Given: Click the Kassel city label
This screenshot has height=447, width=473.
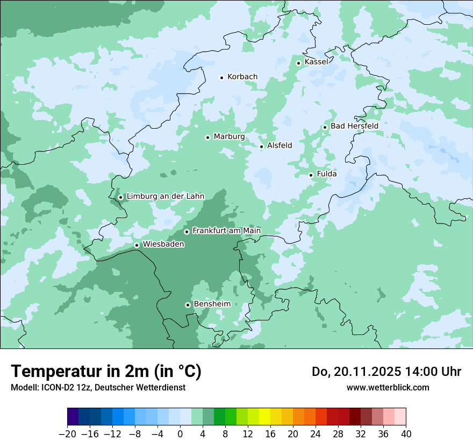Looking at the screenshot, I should tap(316, 62).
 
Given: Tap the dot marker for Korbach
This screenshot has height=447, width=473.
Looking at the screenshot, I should tap(221, 78).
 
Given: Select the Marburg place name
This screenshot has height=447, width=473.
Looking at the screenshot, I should tap(229, 137).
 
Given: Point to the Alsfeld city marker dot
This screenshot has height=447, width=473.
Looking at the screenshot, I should tap(262, 146).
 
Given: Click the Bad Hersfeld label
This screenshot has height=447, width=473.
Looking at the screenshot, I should tap(354, 126).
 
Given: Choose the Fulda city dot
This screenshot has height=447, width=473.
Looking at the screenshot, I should tap(311, 175).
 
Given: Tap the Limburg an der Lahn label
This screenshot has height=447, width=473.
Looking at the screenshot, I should tap(165, 197).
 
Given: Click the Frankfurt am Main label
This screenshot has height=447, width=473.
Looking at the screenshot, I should tap(226, 231).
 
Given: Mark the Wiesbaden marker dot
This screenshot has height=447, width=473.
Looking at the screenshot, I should tap(137, 246).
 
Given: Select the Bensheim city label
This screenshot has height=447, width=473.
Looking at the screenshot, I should tap(212, 304).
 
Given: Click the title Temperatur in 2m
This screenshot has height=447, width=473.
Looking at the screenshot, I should tap(106, 372).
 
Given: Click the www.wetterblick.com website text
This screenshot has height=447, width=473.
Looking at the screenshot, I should tap(388, 387).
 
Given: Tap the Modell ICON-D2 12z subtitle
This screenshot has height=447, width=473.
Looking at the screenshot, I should tap(98, 387).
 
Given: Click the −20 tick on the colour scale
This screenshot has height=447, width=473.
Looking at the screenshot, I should tap(68, 434).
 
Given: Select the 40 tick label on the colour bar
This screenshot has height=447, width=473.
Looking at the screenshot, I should tap(406, 434).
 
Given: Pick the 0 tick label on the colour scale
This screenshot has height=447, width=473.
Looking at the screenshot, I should tap(180, 434).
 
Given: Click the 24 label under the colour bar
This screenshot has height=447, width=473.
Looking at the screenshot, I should tap(316, 434).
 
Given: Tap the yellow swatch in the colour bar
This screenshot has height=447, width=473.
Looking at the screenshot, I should tap(264, 417).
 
